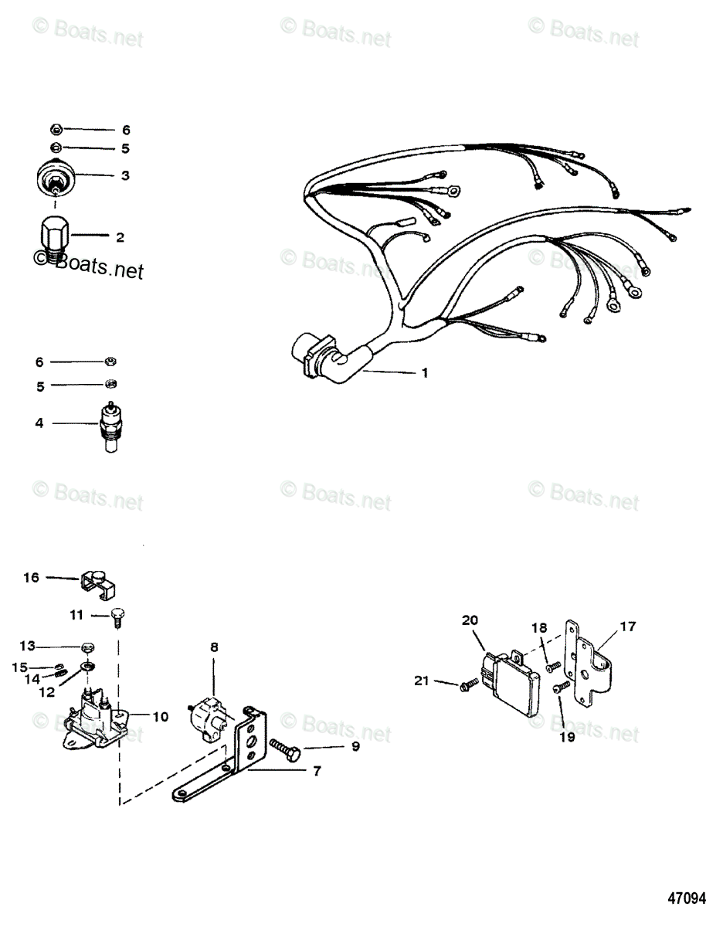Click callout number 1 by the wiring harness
pyautogui.click(x=424, y=372)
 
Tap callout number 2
pyautogui.click(x=120, y=237)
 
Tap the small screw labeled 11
pyautogui.click(x=119, y=615)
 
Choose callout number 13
pyautogui.click(x=28, y=645)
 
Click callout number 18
pyautogui.click(x=538, y=628)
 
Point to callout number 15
pyautogui.click(x=22, y=667)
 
